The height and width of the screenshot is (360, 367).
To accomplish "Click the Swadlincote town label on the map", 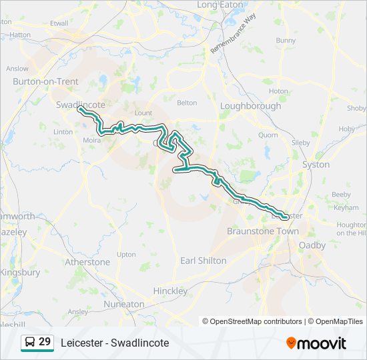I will (81, 105).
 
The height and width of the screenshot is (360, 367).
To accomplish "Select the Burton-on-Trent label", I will (45, 81).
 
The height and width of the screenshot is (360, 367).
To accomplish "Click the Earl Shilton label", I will (203, 261).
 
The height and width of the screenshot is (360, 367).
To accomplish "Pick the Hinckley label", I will (170, 291).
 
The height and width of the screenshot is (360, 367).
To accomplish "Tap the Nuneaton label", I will (124, 304).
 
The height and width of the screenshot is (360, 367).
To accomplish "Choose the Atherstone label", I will (87, 262).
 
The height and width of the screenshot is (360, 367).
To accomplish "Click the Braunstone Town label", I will (263, 231).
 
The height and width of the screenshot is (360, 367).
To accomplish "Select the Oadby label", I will (312, 245).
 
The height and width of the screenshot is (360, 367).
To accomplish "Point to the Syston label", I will (316, 164).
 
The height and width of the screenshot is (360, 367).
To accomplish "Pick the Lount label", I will (143, 113).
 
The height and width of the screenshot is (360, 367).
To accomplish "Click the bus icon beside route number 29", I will (30, 343).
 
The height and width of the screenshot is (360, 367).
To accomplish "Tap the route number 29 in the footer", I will (45, 342).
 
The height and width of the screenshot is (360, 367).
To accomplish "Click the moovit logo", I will (316, 343).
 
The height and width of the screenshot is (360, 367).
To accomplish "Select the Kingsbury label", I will (20, 273).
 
